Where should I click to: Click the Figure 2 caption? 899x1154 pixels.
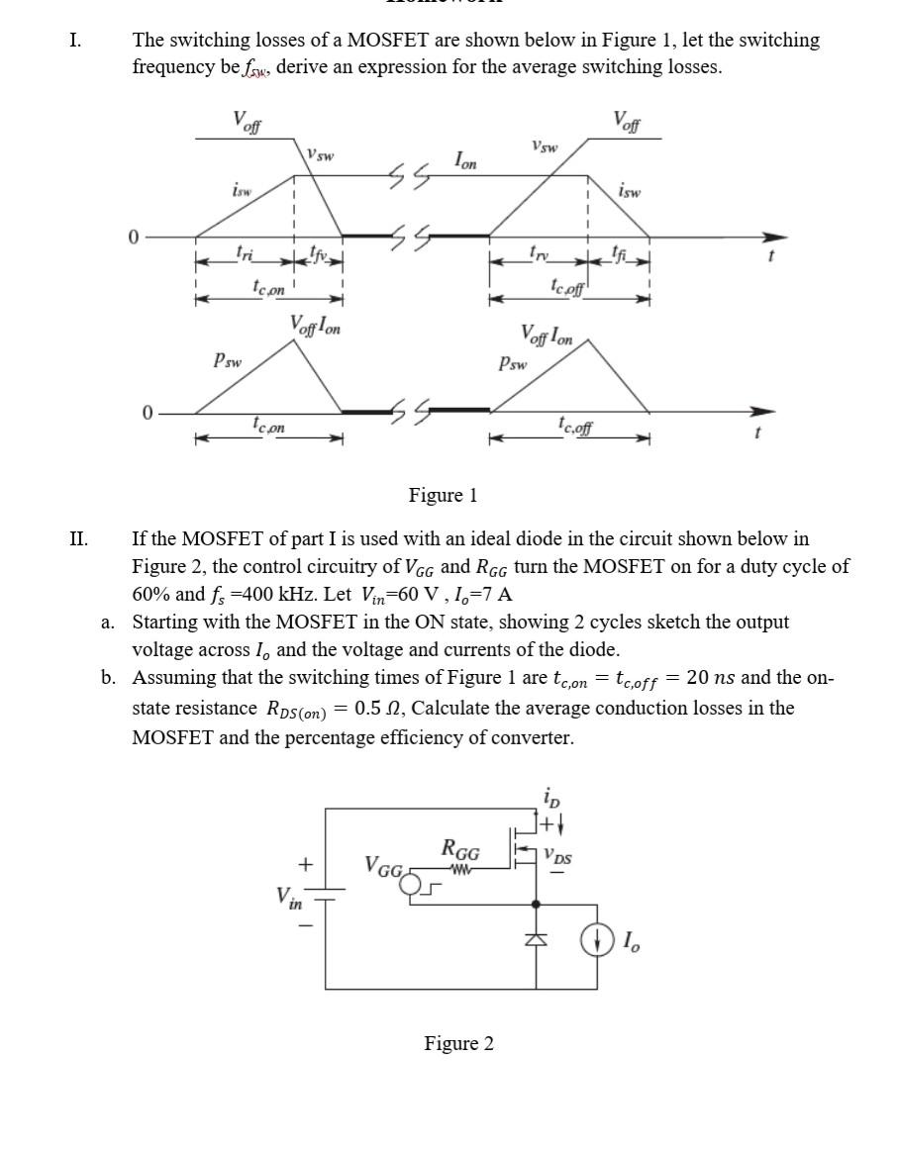pyautogui.click(x=458, y=1043)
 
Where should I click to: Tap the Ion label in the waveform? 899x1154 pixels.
pyautogui.click(x=465, y=160)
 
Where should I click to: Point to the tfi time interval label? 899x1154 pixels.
pyautogui.click(x=620, y=253)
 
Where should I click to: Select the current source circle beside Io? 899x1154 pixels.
pyautogui.click(x=597, y=941)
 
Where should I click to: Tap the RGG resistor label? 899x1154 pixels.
pyautogui.click(x=460, y=850)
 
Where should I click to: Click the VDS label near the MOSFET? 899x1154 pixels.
pyautogui.click(x=557, y=856)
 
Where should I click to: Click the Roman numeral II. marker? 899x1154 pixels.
pyautogui.click(x=79, y=539)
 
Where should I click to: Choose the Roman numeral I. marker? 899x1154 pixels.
pyautogui.click(x=75, y=41)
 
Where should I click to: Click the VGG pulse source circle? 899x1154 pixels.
pyautogui.click(x=410, y=884)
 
